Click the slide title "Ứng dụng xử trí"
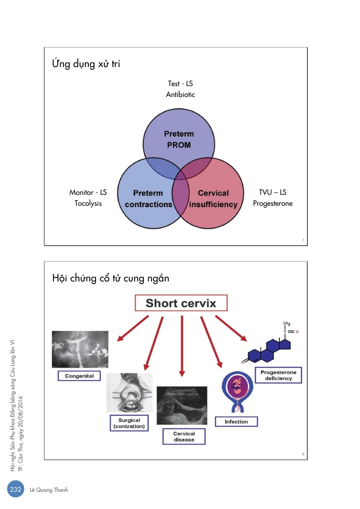tap(86, 64)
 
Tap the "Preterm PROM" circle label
tap(178, 140)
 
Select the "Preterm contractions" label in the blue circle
tap(148, 199)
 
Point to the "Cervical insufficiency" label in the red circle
tap(213, 199)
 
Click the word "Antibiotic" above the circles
tap(180, 95)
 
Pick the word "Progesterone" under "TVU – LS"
tap(272, 204)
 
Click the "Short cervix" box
tap(180, 303)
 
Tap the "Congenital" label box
tap(79, 376)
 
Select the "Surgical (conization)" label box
tap(129, 423)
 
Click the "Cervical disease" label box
tap(184, 436)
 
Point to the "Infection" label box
tap(236, 422)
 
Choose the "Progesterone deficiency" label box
tap(278, 375)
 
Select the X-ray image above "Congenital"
tap(80, 349)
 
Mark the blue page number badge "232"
tap(15, 490)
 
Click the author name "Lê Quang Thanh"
tap(49, 490)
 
